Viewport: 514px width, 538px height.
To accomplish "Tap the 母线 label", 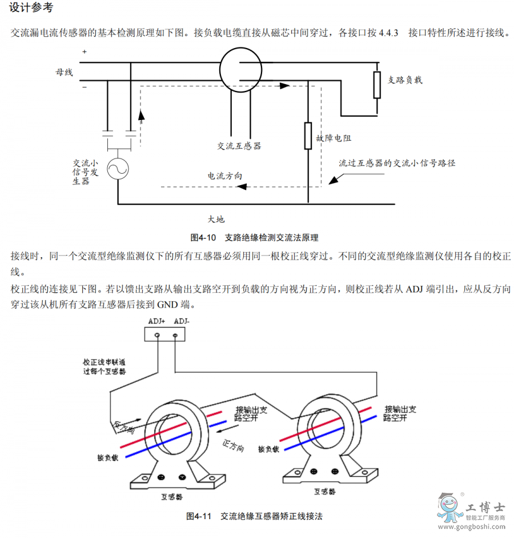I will (64, 72).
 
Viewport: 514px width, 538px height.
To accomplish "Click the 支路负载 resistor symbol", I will (377, 85).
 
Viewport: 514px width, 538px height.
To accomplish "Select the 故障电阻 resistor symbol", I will (308, 136).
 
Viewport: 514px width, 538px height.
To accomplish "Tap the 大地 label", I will (216, 219).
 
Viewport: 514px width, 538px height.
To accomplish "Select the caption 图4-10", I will (203, 237).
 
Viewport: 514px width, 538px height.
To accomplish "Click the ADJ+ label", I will (156, 321).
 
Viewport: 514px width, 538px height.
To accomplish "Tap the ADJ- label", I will (181, 321).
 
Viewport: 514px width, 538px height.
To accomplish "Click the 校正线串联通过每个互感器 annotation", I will (104, 366).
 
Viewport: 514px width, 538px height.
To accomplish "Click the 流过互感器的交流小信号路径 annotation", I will (397, 163).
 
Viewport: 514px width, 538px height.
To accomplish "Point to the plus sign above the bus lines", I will (84, 52).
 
